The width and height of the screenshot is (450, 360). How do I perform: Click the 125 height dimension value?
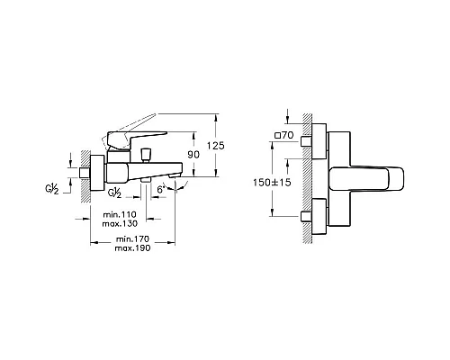coord(215,146)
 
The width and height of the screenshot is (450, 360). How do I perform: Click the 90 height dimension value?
coord(193,155)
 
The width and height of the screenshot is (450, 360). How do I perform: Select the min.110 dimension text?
coord(120,215)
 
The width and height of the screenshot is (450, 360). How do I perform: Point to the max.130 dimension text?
coord(120,224)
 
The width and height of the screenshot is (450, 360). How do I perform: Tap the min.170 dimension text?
coord(132,239)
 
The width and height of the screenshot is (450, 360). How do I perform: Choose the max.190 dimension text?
coord(132,248)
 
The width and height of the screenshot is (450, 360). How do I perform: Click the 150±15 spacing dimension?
coord(272,183)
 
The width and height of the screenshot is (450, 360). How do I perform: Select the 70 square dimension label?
coord(287,135)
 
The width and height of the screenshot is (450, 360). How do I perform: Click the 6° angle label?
coord(160,190)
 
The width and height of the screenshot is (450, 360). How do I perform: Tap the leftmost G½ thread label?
coord(51,189)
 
